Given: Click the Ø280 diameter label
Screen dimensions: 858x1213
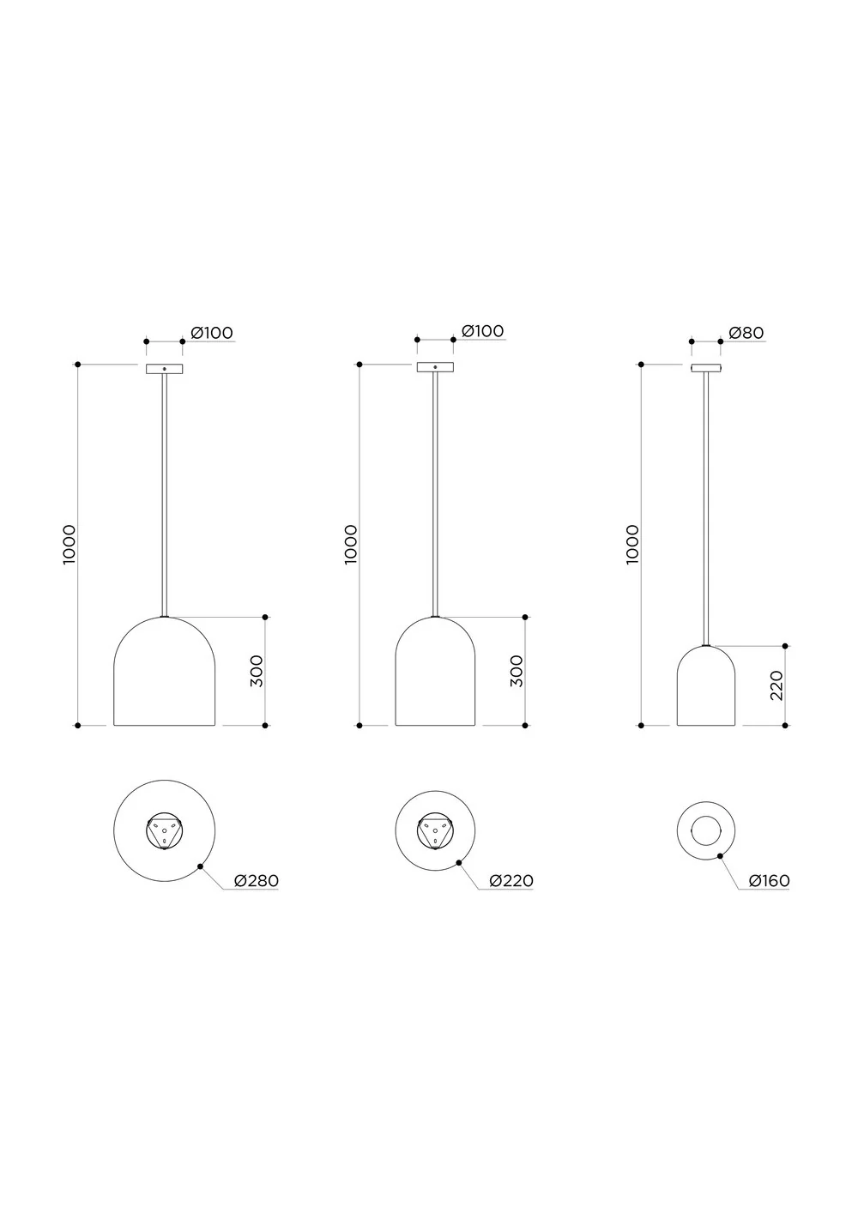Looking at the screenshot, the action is (x=257, y=881).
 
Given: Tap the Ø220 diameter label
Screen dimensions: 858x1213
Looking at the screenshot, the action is (x=511, y=881).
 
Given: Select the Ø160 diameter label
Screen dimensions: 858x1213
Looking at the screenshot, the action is (x=769, y=881).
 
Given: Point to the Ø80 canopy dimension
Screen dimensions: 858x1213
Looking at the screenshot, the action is (x=746, y=333).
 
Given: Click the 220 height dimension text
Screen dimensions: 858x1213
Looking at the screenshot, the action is (x=776, y=685).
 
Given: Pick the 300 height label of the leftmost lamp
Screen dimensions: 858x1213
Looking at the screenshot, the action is (x=257, y=671).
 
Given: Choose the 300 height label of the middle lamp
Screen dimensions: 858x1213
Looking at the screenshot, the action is (x=517, y=671).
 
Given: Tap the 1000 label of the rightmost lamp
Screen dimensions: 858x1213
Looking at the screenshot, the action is (x=632, y=544).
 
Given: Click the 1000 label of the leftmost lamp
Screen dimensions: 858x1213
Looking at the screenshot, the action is (x=69, y=544).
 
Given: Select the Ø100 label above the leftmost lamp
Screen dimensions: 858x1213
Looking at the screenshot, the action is (x=212, y=333).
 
